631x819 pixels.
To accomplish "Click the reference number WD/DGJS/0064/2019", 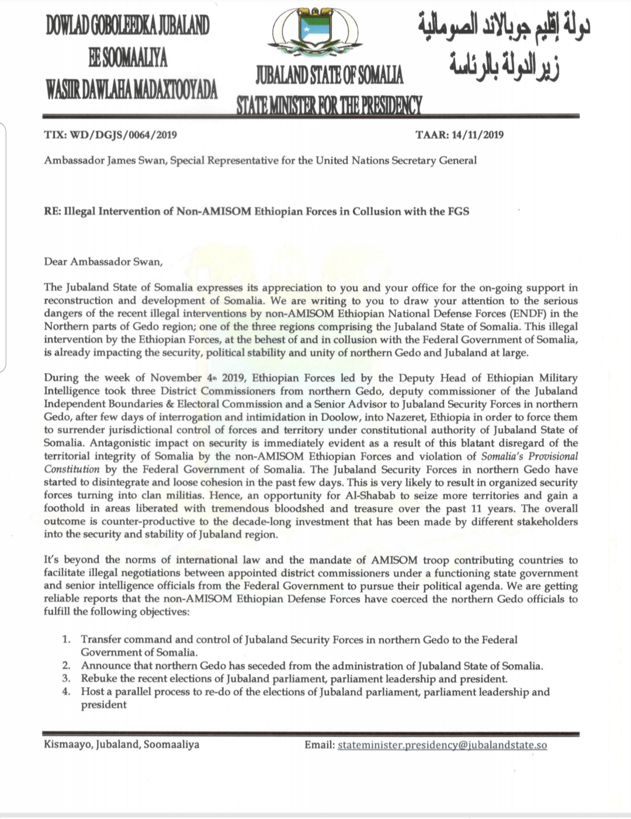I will tap(123, 135).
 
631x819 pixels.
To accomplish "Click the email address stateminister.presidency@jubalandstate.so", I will tap(442, 745).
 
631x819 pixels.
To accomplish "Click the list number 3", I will tap(67, 679).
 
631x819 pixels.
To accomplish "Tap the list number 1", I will tap(67, 640).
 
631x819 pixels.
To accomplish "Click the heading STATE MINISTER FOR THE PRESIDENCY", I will tap(328, 104).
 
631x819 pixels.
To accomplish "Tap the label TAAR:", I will tap(432, 135).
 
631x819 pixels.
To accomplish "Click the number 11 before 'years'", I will tap(479, 508).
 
